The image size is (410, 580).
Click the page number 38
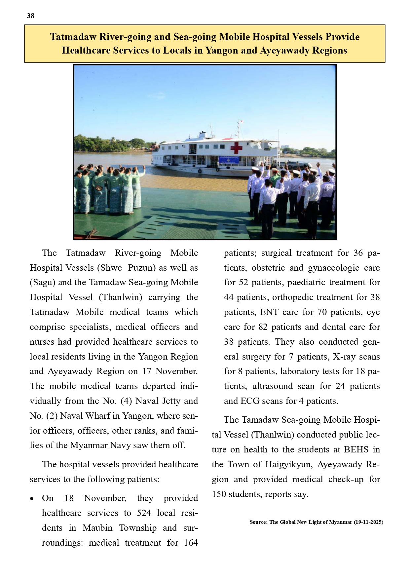30,16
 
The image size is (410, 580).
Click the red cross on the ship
236,148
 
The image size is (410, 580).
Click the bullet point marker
32,499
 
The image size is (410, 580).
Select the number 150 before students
219,494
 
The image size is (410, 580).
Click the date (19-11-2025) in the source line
368,522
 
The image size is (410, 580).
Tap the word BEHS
356,449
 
